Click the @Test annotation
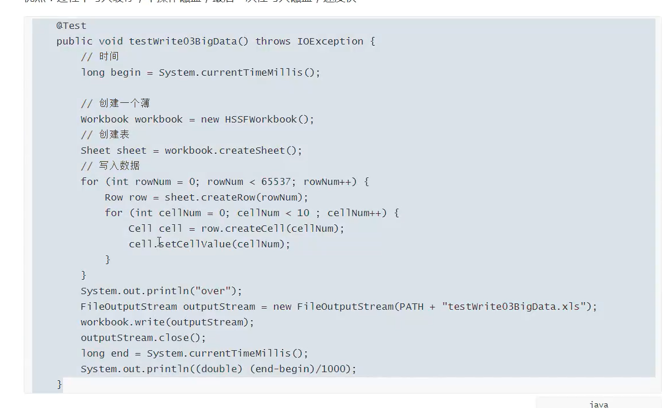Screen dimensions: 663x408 click(x=71, y=25)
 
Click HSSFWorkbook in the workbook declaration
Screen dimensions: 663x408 click(x=261, y=119)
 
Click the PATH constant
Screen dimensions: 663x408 click(x=412, y=306)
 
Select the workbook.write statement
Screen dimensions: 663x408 click(x=167, y=322)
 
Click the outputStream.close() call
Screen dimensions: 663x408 click(x=143, y=337)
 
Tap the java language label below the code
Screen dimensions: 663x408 click(x=599, y=404)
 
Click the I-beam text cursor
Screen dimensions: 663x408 click(x=159, y=242)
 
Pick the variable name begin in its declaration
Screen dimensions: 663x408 click(x=125, y=72)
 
